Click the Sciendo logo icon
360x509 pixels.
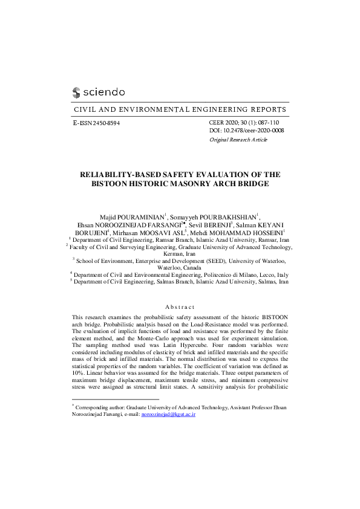tap(76, 92)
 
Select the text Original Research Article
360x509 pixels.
tap(238, 140)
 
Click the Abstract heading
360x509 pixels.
tap(180, 307)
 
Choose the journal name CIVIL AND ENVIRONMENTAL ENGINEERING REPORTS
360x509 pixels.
tap(180, 110)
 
